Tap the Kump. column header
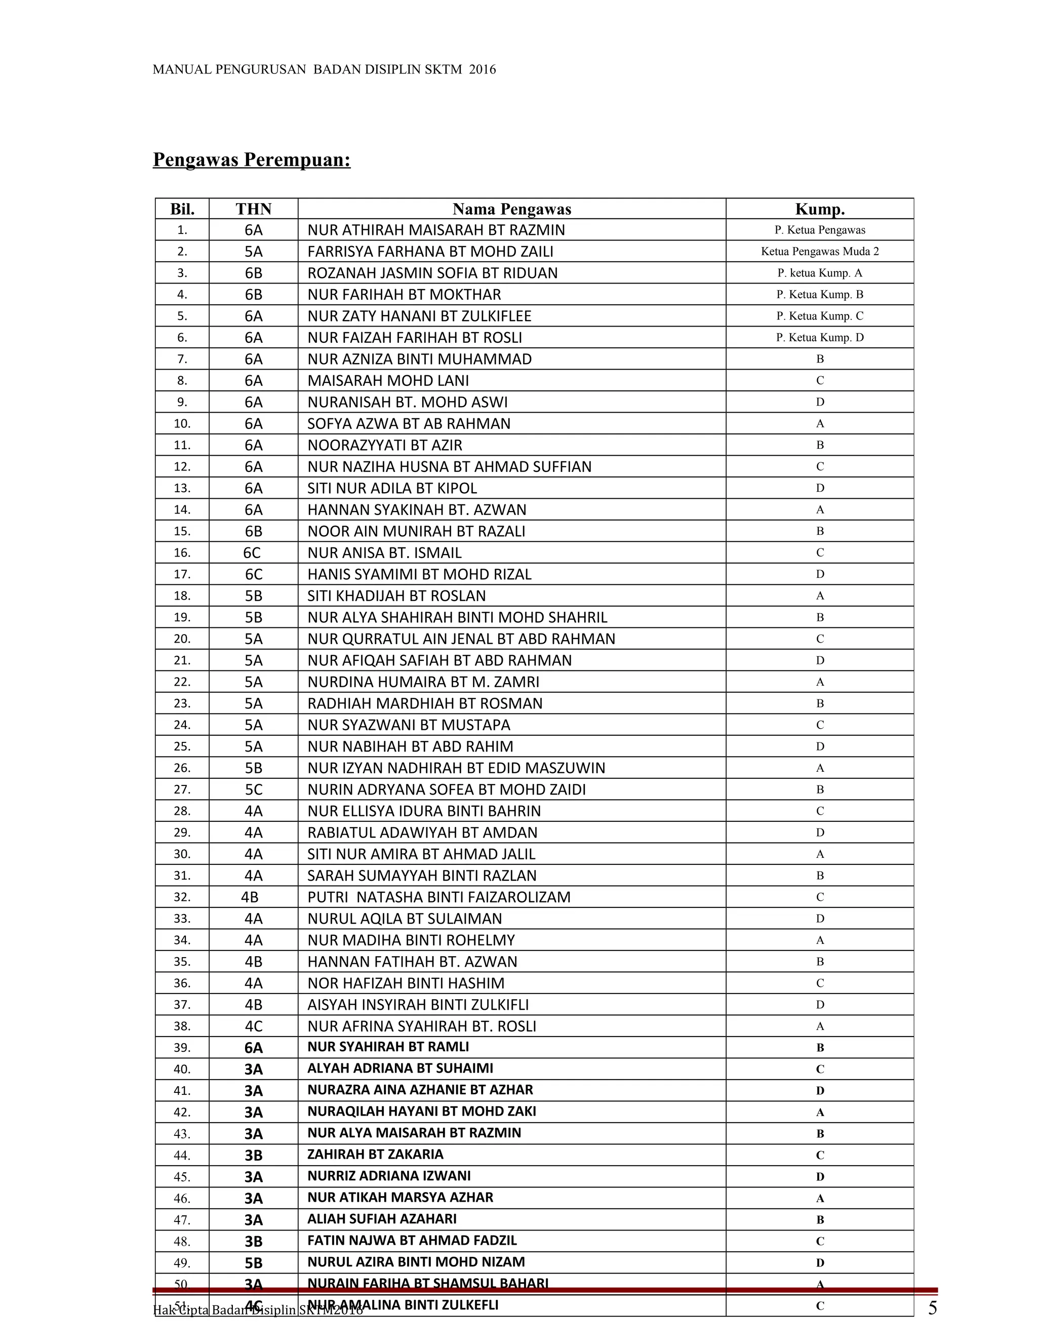coord(820,209)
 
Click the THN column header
coord(253,209)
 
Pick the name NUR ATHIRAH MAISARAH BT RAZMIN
coord(435,230)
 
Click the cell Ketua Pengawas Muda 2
coord(820,251)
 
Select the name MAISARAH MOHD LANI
coord(388,380)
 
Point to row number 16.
coord(182,552)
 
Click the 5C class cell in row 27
coord(253,790)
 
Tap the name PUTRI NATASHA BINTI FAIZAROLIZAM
coord(438,897)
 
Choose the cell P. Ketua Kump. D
coord(820,337)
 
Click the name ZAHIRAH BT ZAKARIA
coord(375,1155)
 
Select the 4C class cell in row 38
coord(253,1026)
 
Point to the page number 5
coord(932,1309)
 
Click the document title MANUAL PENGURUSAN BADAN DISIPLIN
coord(324,69)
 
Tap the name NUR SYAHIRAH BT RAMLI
coord(388,1046)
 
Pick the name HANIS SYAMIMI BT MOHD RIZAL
coord(419,574)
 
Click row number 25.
coord(182,746)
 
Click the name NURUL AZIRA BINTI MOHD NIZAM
coord(416,1262)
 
